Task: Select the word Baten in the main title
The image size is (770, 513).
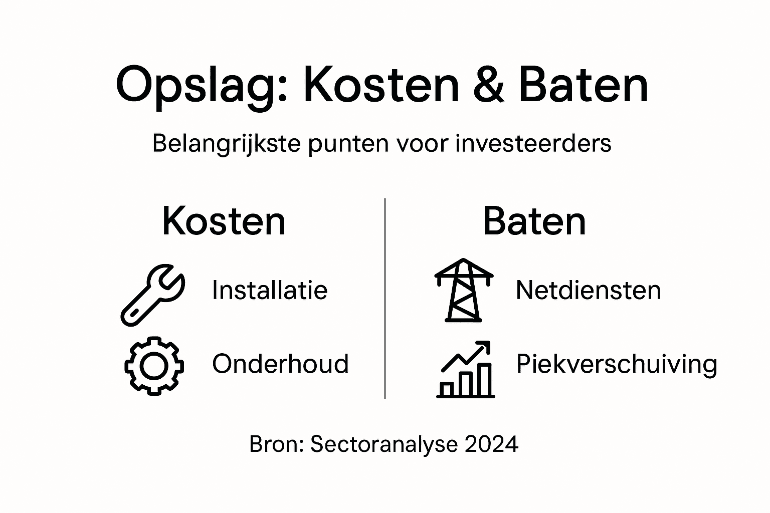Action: pos(584,85)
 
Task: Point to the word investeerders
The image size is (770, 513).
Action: pos(533,144)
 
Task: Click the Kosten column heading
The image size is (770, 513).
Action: pos(224,221)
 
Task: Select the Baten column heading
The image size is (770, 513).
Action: pos(534,221)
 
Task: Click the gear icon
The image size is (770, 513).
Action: pos(154,366)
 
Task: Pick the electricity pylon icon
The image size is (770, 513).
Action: pos(464,290)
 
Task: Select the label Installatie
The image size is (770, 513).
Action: pos(270,290)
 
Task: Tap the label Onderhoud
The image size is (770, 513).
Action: pos(280,364)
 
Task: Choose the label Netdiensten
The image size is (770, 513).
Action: pos(588,290)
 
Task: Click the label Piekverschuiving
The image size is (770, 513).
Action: pos(617,365)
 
